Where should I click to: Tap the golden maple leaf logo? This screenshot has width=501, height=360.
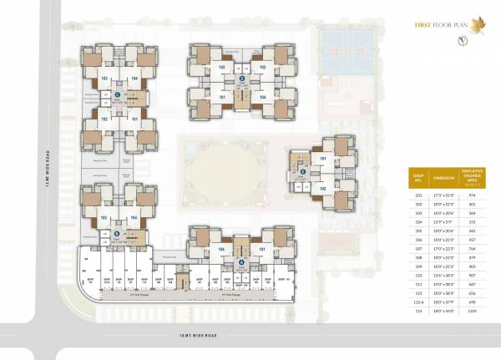(477, 24)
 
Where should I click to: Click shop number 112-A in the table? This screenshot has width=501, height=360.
(417, 302)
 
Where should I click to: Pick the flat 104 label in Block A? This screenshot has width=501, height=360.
(223, 248)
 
